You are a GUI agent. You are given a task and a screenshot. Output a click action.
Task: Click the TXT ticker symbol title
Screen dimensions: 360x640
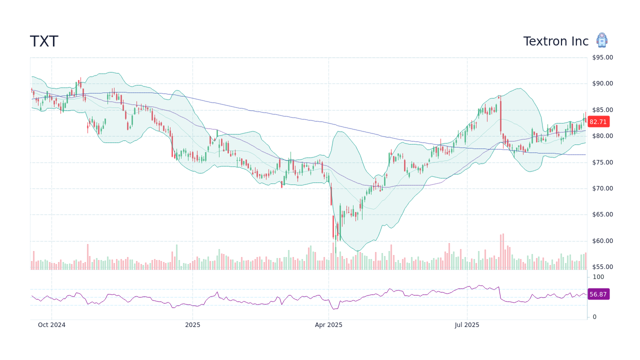tap(44, 41)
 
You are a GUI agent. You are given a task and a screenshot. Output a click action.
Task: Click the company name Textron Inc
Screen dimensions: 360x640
tap(555, 41)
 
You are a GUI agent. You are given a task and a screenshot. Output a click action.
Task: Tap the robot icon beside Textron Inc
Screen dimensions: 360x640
tap(601, 40)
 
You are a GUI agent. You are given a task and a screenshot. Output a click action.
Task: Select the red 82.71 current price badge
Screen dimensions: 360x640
tap(598, 121)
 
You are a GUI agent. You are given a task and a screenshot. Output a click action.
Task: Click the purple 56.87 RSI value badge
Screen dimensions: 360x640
tap(598, 294)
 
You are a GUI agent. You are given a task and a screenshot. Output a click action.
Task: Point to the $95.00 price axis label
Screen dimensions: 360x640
tap(602, 57)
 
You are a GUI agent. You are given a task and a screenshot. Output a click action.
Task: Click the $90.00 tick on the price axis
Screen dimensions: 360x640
tap(602, 83)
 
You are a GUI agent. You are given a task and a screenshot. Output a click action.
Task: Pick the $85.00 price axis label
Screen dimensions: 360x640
tap(602, 110)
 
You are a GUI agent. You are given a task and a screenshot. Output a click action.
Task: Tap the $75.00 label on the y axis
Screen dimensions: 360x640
tap(602, 162)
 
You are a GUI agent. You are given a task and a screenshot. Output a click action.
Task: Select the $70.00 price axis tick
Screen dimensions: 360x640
tap(602, 188)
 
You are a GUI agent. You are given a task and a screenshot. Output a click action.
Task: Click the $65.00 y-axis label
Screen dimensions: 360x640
tap(602, 214)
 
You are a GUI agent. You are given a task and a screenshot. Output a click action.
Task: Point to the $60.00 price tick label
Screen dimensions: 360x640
tap(602, 241)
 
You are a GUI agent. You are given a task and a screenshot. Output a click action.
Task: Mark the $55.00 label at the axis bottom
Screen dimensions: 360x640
tap(602, 267)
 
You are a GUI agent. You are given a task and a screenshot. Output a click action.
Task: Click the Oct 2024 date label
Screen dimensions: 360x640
tap(51, 325)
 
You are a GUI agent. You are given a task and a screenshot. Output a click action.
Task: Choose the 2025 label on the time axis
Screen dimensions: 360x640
tap(192, 325)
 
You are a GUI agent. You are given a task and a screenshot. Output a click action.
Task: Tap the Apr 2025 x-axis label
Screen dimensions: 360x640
tap(328, 325)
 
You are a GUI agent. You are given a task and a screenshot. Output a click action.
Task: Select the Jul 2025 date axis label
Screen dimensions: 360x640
tap(467, 325)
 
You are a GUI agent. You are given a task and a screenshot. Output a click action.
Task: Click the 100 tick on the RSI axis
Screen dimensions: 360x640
tap(598, 277)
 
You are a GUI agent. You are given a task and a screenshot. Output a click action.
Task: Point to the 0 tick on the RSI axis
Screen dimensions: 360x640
tap(594, 317)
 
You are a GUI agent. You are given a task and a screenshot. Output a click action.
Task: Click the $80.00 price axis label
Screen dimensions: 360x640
tap(602, 136)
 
